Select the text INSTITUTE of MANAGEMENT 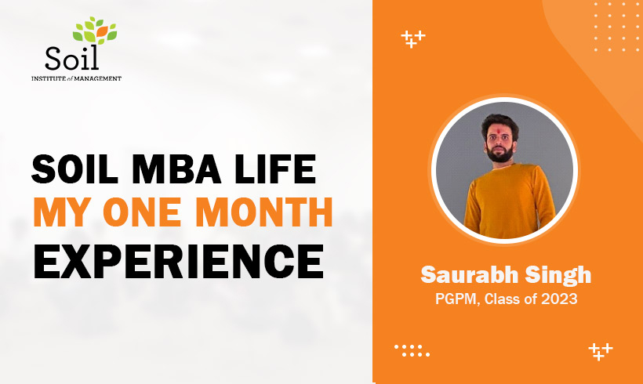click(76, 78)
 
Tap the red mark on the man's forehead click(500, 121)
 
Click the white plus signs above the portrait click(412, 39)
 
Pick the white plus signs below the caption click(600, 350)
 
